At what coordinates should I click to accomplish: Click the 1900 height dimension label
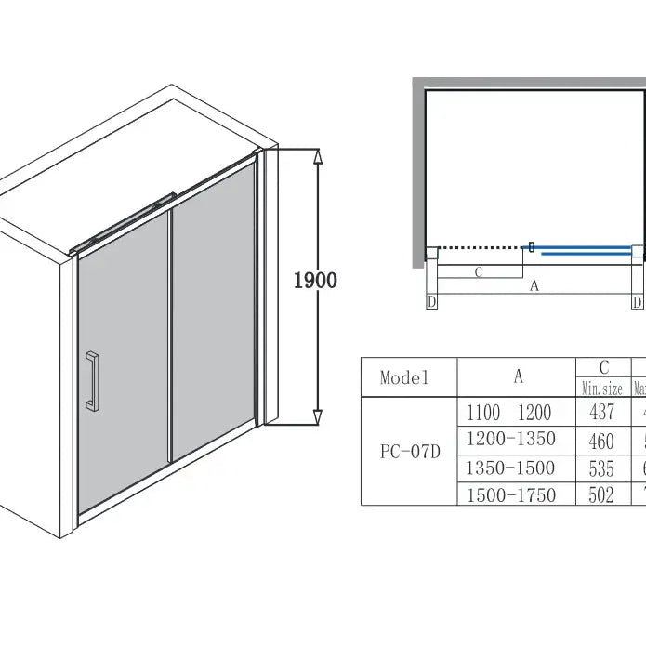coord(315,280)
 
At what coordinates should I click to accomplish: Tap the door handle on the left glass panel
coord(91,380)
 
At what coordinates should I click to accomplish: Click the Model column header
coord(405,377)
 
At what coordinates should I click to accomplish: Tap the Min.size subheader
coord(602,389)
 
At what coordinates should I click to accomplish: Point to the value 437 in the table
coord(602,413)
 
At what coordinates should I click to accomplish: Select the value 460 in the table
coord(602,440)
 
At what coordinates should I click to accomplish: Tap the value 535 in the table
coord(602,467)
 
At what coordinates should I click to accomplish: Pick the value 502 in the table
coord(602,494)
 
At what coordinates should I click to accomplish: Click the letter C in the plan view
coord(478,272)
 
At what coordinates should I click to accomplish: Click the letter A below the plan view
coord(534,287)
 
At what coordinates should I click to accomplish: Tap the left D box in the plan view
coord(431,302)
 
